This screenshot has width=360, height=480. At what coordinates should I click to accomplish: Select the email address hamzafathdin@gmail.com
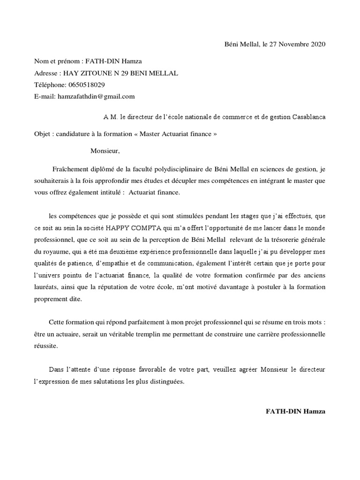96,97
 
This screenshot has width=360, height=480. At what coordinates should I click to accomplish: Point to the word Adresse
46,73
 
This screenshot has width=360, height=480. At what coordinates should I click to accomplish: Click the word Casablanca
308,116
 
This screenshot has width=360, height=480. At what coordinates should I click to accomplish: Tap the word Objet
43,134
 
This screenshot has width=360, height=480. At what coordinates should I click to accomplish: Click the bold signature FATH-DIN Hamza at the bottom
295,411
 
